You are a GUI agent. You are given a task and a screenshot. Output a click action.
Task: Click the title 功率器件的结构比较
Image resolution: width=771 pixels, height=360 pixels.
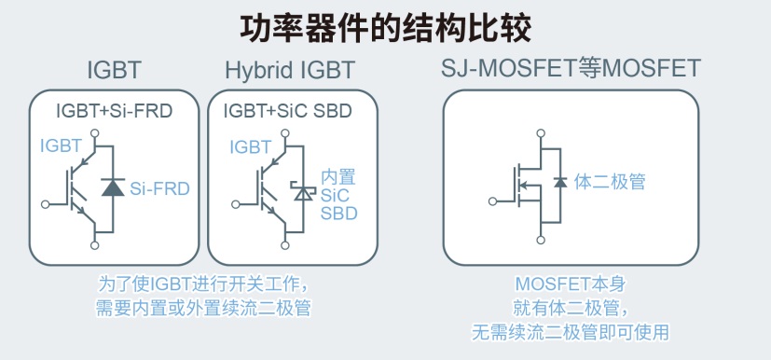pyautogui.click(x=385, y=25)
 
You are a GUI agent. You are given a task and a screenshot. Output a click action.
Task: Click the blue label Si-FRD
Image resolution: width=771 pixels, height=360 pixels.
pyautogui.click(x=159, y=188)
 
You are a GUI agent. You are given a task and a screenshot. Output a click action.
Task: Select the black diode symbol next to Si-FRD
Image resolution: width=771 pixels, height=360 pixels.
pyautogui.click(x=113, y=187)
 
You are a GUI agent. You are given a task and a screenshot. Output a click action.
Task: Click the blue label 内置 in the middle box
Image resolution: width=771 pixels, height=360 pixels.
pyautogui.click(x=337, y=177)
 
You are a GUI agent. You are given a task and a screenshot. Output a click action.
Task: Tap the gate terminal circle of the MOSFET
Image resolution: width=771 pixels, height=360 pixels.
pyautogui.click(x=493, y=199)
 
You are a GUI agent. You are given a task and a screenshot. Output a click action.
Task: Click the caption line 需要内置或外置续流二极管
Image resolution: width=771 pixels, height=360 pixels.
pyautogui.click(x=202, y=308)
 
